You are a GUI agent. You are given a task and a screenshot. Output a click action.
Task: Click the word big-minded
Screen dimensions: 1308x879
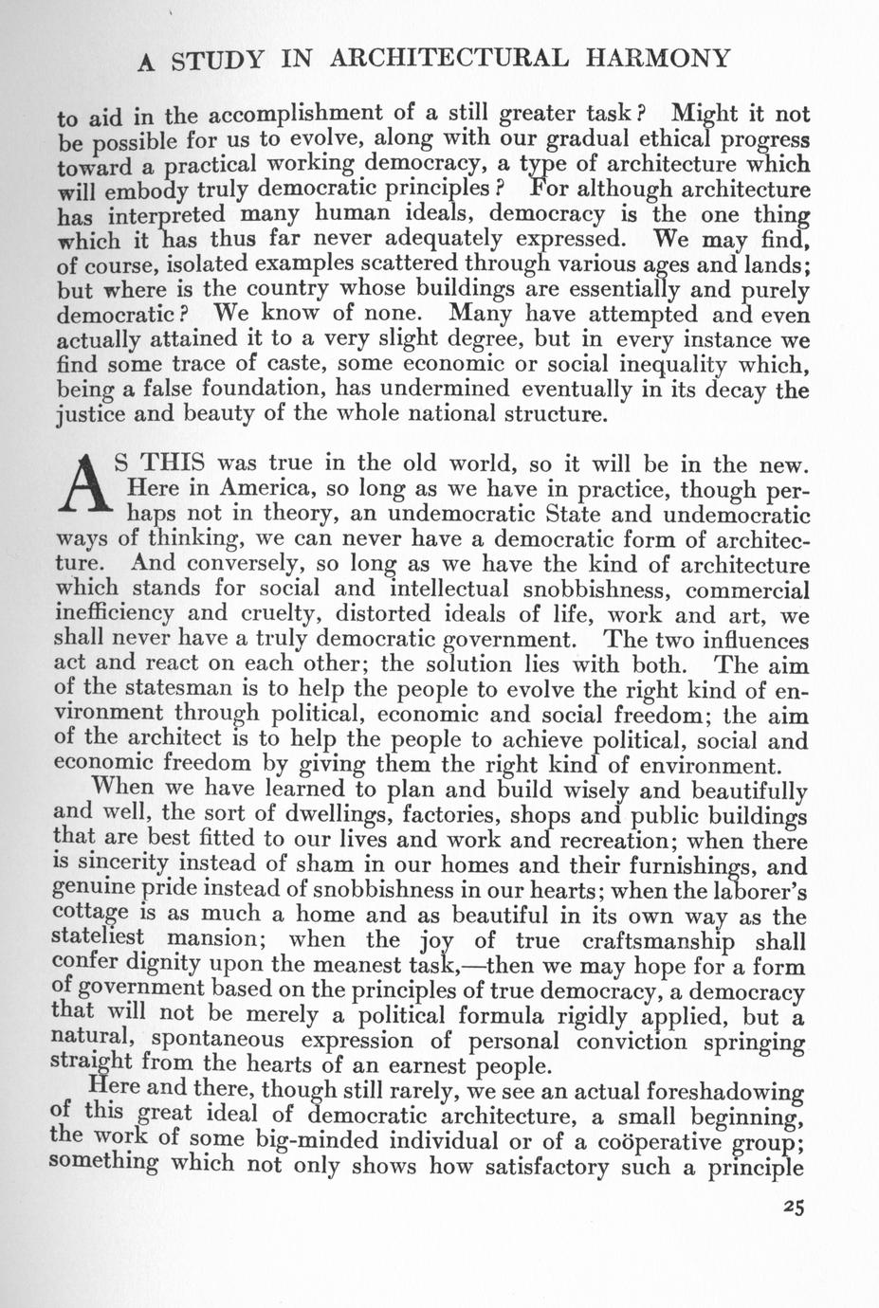click(x=314, y=1140)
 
